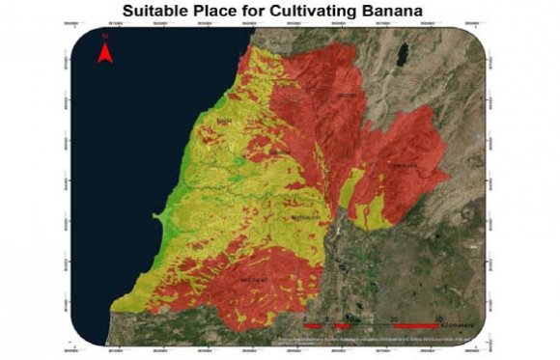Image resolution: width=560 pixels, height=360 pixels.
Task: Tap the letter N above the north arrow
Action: click(x=105, y=36)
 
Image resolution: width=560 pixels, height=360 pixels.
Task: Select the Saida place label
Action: click(x=225, y=121)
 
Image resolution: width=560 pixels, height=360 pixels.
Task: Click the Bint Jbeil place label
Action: click(x=252, y=281)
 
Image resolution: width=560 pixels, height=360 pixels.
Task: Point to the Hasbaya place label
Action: click(x=404, y=166)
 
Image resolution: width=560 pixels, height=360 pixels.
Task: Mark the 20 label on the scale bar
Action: click(x=395, y=318)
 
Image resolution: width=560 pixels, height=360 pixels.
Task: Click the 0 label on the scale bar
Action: click(x=305, y=318)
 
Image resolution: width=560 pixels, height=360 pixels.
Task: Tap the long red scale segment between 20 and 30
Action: click(x=417, y=327)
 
